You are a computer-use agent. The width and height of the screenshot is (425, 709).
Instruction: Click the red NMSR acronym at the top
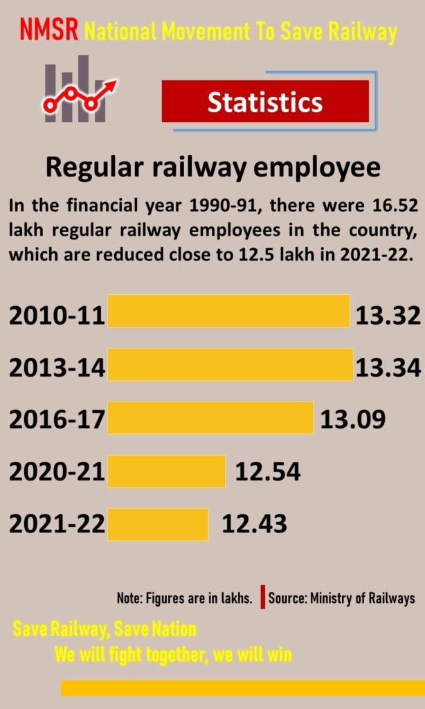[x=48, y=30]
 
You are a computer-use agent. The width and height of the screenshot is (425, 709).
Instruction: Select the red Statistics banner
[x=265, y=102]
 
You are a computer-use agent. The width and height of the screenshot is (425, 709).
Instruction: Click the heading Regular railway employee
[x=212, y=168]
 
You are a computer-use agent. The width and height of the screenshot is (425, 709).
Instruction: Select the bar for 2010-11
[x=228, y=311]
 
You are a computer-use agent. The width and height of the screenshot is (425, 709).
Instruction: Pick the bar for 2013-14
[x=230, y=364]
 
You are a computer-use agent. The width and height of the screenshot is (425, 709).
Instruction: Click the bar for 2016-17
[x=210, y=418]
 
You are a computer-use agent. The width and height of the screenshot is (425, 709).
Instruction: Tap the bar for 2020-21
[x=166, y=471]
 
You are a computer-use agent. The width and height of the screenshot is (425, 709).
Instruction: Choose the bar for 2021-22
[x=158, y=524]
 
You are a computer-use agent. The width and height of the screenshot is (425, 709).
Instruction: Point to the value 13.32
[x=388, y=316]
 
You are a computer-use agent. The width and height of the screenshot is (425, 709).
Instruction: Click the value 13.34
[x=388, y=368]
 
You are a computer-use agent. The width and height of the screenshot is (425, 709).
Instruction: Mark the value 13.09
[x=352, y=419]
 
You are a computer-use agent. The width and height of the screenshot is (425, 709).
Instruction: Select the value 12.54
[x=267, y=472]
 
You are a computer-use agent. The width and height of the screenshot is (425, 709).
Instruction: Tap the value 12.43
[x=254, y=524]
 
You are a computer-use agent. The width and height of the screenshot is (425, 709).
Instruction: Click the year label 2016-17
[x=57, y=420]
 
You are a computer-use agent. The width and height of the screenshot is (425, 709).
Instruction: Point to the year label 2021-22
[x=57, y=525]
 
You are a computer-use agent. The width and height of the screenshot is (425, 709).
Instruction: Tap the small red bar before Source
[x=263, y=598]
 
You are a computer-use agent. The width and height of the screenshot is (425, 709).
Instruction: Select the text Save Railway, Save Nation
[x=105, y=629]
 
